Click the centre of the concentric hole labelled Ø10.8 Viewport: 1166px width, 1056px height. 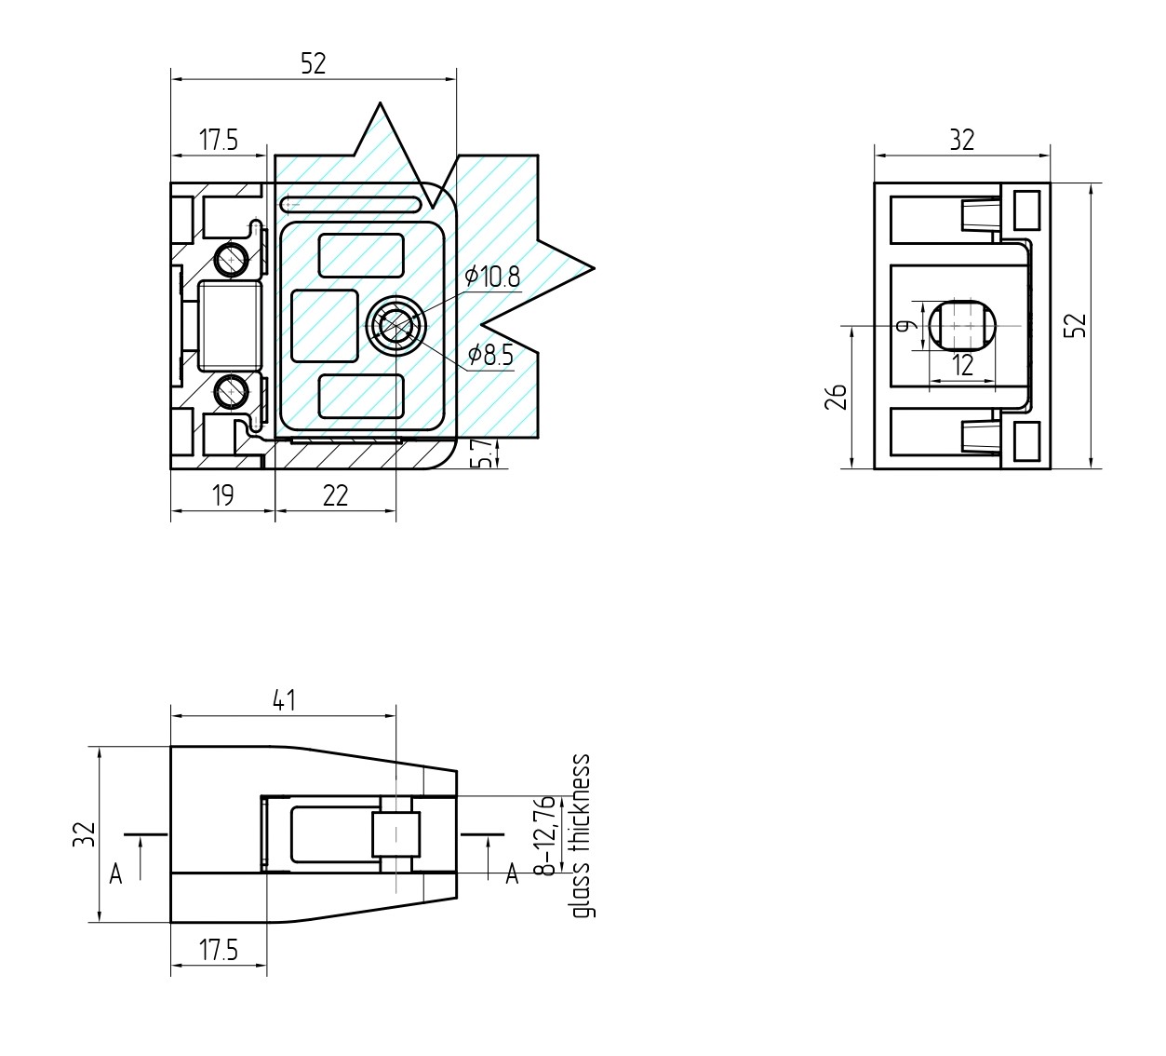click(x=395, y=326)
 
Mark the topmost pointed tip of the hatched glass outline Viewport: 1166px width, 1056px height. click(x=381, y=103)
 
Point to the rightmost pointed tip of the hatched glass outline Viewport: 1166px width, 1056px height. click(x=594, y=268)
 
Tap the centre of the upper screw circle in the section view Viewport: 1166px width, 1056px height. click(x=232, y=258)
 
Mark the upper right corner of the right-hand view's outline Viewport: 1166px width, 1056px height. click(x=1051, y=183)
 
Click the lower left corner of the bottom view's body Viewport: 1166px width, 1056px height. click(x=171, y=922)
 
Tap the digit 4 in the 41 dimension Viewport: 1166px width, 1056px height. click(x=278, y=700)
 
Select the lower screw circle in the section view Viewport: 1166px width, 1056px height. click(x=232, y=392)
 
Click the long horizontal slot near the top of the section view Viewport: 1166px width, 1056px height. click(x=351, y=205)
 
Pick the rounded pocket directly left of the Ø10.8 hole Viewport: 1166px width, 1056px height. click(x=325, y=326)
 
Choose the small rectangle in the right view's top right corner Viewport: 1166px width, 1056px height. click(x=1027, y=210)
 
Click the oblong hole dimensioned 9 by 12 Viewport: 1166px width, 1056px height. click(x=962, y=325)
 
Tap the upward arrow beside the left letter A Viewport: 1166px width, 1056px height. click(x=141, y=861)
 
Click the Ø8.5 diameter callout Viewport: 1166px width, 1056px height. click(x=491, y=355)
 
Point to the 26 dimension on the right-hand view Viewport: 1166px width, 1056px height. click(x=837, y=398)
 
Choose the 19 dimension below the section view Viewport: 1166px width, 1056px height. click(x=223, y=495)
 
